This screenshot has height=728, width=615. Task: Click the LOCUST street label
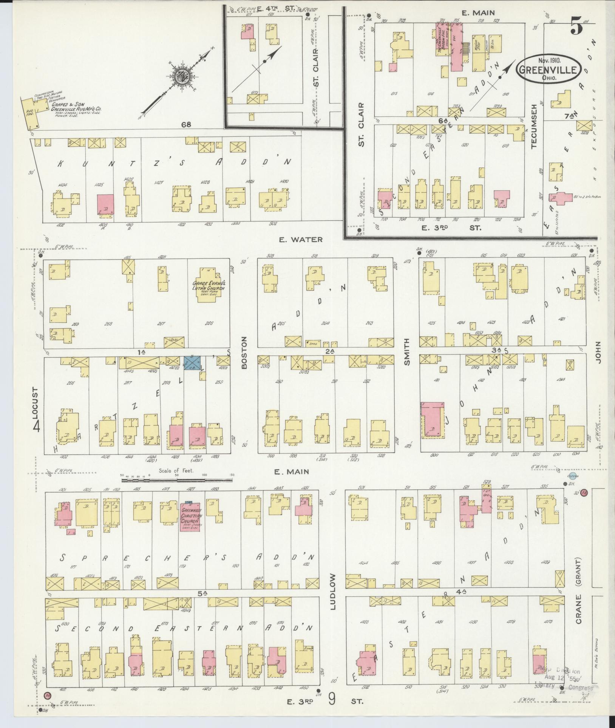36,403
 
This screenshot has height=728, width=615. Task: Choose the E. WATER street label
301,239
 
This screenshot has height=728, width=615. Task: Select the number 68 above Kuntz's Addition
185,124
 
